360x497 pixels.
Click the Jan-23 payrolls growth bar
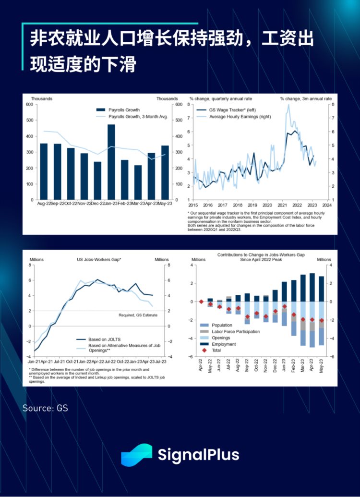click(x=111, y=162)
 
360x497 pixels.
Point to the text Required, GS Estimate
click(x=139, y=315)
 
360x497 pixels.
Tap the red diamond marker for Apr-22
click(x=201, y=302)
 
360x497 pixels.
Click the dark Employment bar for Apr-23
click(x=312, y=287)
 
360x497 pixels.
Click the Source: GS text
click(x=45, y=408)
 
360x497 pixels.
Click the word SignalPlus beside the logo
click(x=198, y=455)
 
